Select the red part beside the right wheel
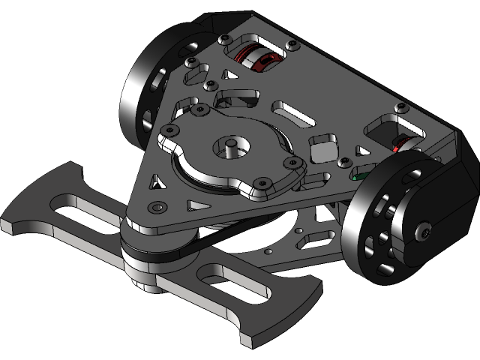coord(405,141)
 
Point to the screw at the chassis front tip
coord(157,206)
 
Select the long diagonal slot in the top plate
coord(296,115)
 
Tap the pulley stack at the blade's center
coord(150,259)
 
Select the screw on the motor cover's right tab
coord(289,162)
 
